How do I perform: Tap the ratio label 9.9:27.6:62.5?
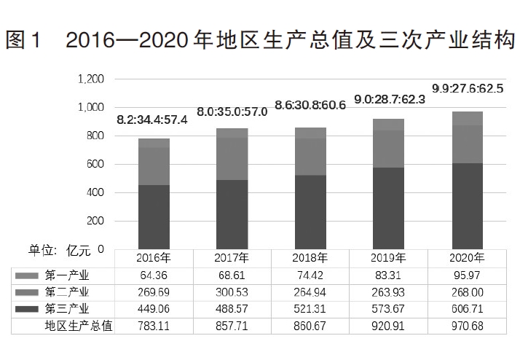coord(468,89)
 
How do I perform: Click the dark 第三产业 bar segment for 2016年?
coord(154,216)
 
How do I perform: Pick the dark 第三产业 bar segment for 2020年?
coord(467,206)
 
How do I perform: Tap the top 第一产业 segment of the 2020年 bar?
coord(467,119)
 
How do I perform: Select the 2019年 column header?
coord(388,258)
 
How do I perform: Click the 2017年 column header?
coord(232,258)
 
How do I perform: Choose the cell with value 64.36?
coord(154,275)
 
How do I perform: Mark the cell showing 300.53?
coord(232,292)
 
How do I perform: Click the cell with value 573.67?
coord(388,310)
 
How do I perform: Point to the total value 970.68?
coord(467,326)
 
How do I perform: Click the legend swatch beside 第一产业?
coord(27,275)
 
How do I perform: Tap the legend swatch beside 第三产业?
coord(27,310)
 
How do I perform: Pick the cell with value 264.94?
coord(310,292)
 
